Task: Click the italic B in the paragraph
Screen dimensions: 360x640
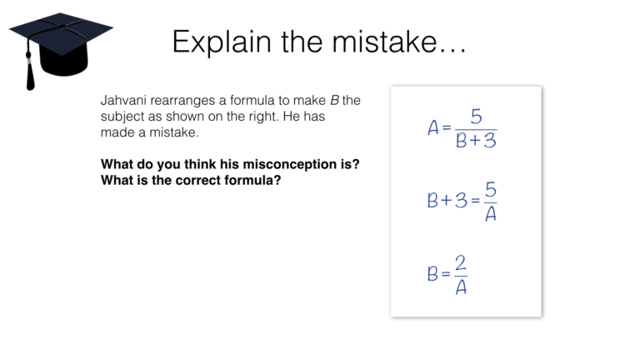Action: point(334,101)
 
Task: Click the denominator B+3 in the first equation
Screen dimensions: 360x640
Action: point(476,141)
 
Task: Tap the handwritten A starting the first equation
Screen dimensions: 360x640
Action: point(432,128)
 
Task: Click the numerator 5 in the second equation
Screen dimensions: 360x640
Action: point(491,189)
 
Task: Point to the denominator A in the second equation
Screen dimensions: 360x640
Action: point(490,213)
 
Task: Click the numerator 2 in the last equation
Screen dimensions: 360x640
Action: point(461,262)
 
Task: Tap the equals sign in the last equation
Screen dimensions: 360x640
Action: point(446,274)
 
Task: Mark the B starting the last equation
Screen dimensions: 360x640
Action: point(432,274)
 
